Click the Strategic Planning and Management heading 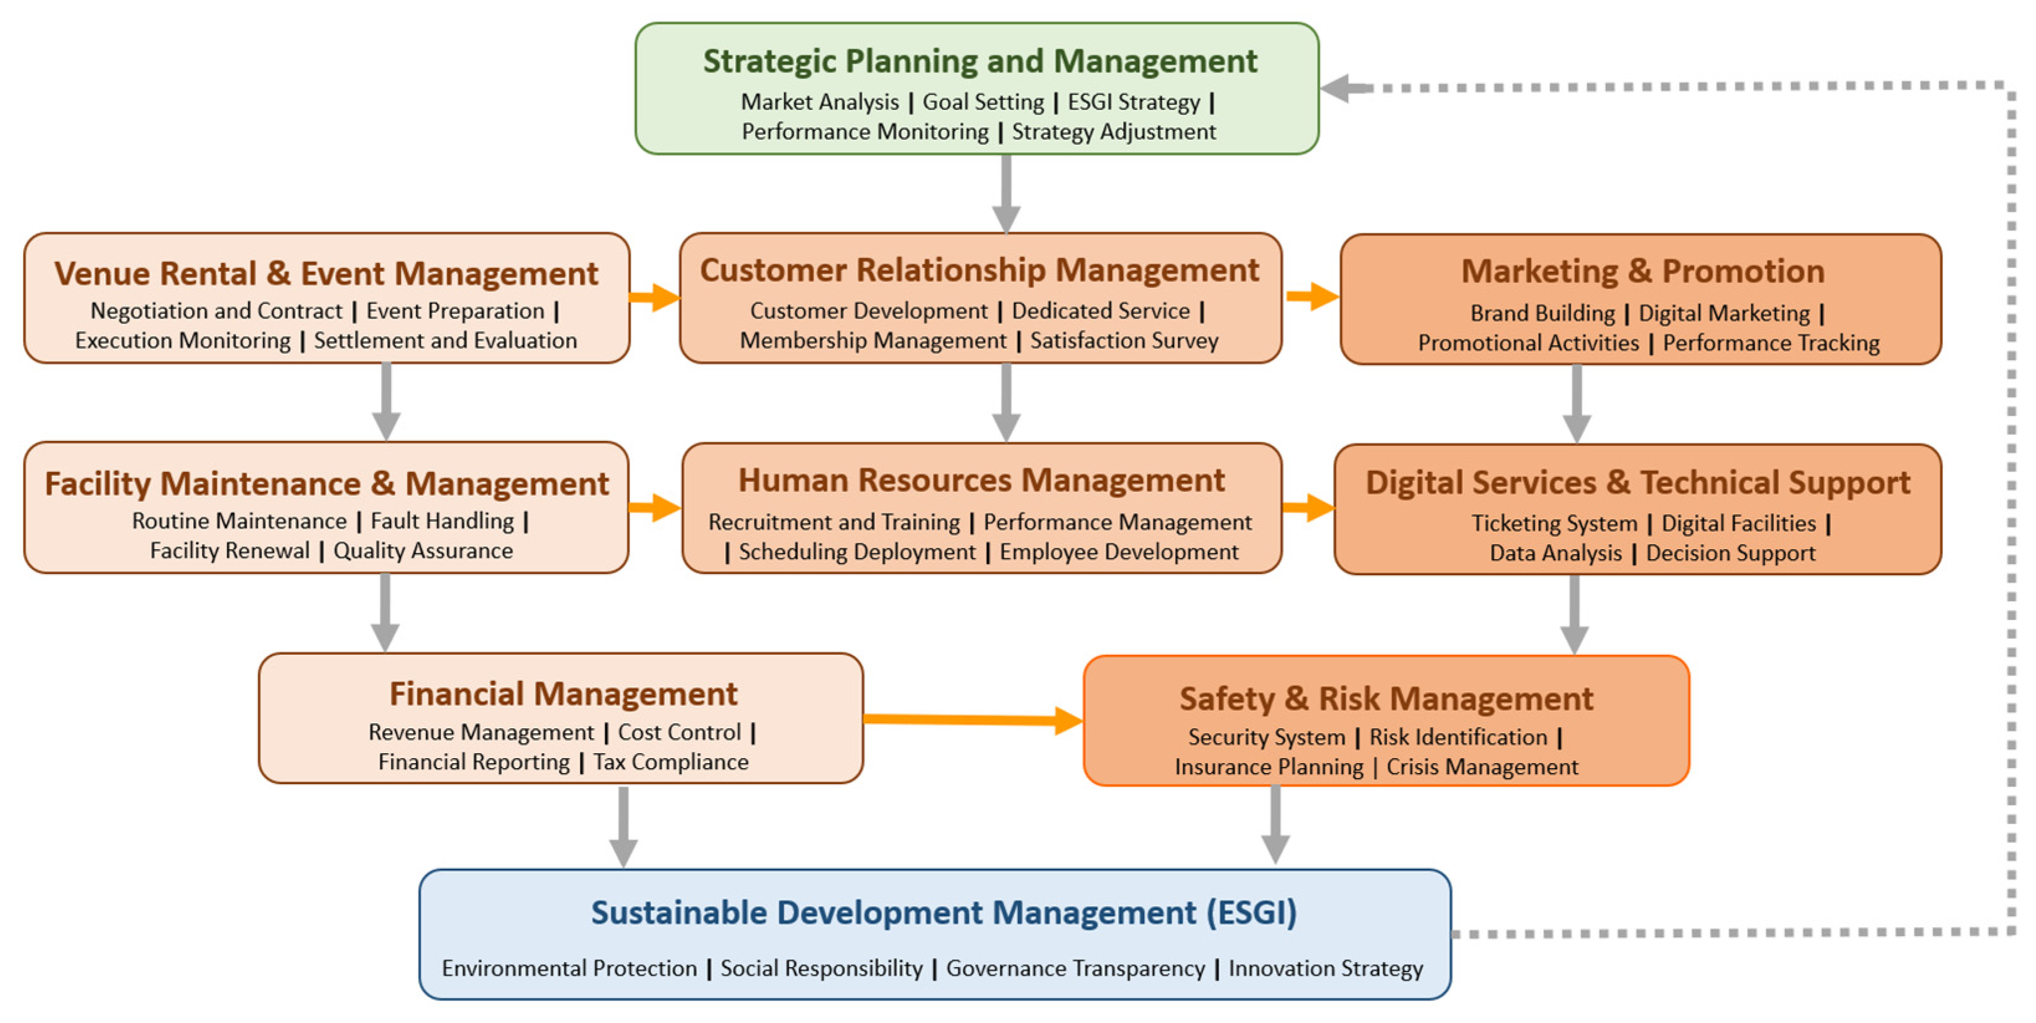pos(979,61)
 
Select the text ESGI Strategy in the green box pos(1134,102)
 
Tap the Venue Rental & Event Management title pos(326,274)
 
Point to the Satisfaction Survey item pos(1123,341)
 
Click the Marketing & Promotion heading pos(1643,271)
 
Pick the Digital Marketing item pos(1724,313)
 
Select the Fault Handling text pos(442,521)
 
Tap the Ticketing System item pos(1554,524)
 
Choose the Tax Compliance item pos(670,762)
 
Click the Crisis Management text pos(1482,767)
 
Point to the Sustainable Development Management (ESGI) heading pos(943,912)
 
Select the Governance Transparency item pos(1075,968)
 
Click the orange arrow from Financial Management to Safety pos(972,720)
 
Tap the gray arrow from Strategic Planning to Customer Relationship pos(1006,193)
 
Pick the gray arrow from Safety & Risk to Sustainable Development pos(1275,824)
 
